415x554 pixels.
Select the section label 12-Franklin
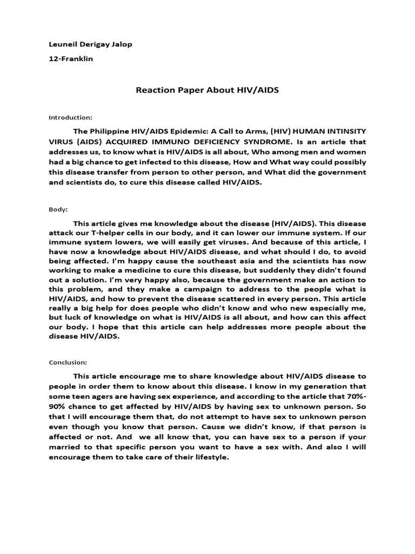coord(71,58)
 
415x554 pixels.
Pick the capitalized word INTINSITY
coord(344,131)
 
